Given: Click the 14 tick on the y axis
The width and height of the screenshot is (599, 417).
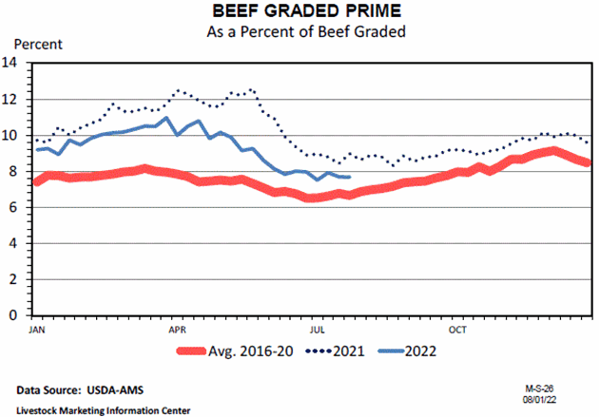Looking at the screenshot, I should coord(12,64).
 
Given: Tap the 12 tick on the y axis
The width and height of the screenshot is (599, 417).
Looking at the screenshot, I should coord(12,100).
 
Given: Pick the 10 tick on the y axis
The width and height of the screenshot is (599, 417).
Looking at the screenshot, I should coord(12,136).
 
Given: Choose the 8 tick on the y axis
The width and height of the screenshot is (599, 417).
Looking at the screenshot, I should coord(16,172).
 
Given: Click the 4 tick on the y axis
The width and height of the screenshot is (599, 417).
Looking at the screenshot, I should coord(16,243).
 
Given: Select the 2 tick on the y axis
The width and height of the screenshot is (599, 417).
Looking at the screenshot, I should coord(16,279).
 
